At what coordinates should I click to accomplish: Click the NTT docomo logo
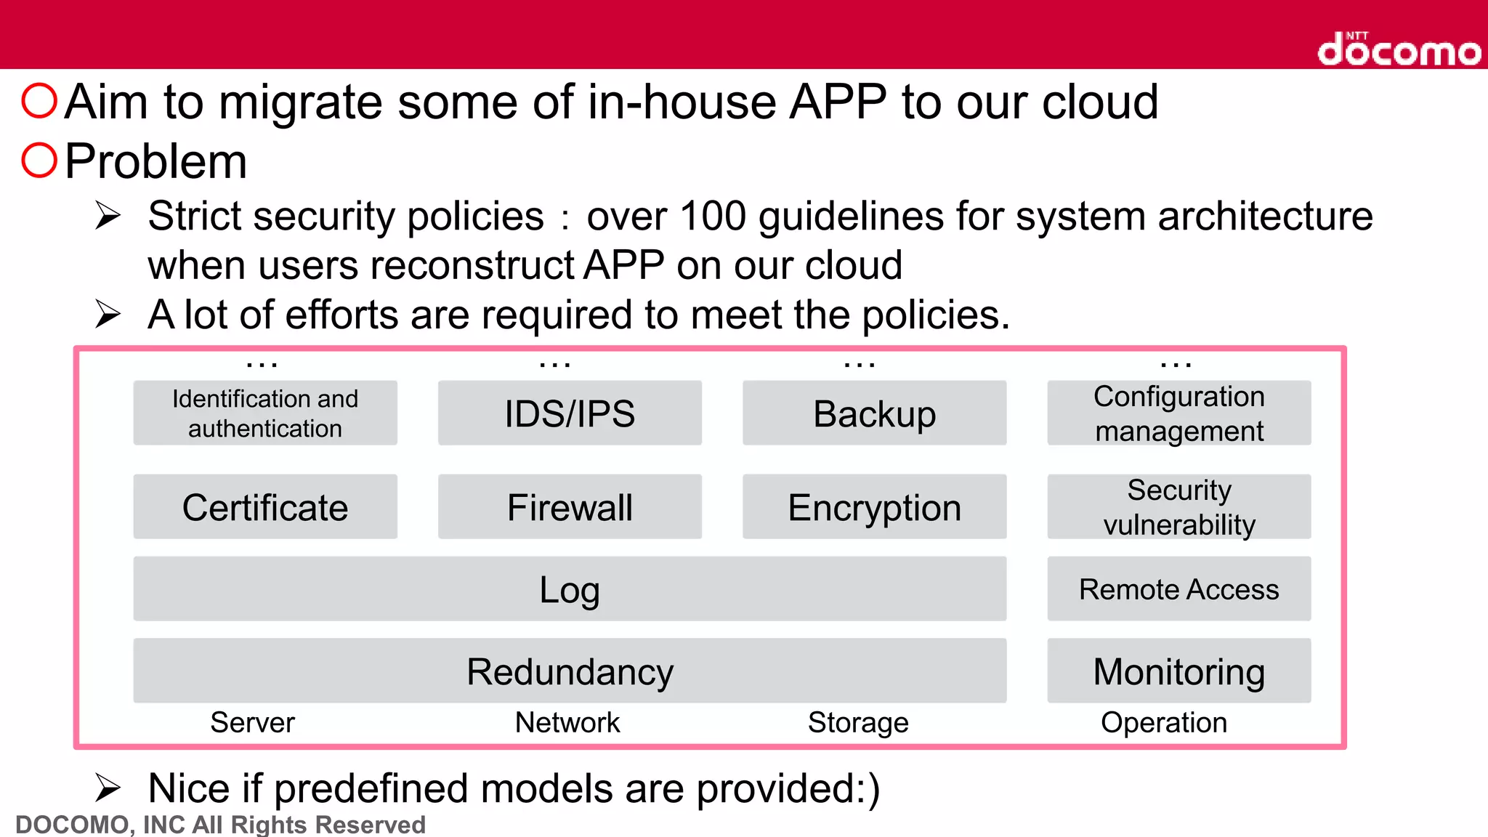[1399, 49]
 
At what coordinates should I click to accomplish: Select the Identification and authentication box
[265, 413]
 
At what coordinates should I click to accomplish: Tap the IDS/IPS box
[570, 413]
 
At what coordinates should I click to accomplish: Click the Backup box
[874, 413]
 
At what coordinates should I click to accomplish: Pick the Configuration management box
[1178, 413]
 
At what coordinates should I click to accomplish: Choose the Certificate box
[265, 506]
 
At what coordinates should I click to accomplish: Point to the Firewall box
[570, 506]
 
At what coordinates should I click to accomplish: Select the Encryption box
[874, 506]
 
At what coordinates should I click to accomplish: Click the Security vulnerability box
[1178, 506]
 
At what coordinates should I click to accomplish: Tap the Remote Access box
[1178, 589]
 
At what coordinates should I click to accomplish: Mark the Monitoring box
[1178, 671]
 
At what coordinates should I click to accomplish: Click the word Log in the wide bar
[570, 589]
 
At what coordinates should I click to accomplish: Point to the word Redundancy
[570, 671]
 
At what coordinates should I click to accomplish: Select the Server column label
[252, 722]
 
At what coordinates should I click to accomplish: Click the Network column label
[567, 722]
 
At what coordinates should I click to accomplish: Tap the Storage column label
[858, 722]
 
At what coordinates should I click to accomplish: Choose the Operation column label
[1164, 722]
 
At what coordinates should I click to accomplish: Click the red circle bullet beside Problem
[39, 161]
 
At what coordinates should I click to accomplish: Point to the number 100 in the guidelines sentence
[712, 216]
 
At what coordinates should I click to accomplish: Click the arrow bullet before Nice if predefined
[108, 788]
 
